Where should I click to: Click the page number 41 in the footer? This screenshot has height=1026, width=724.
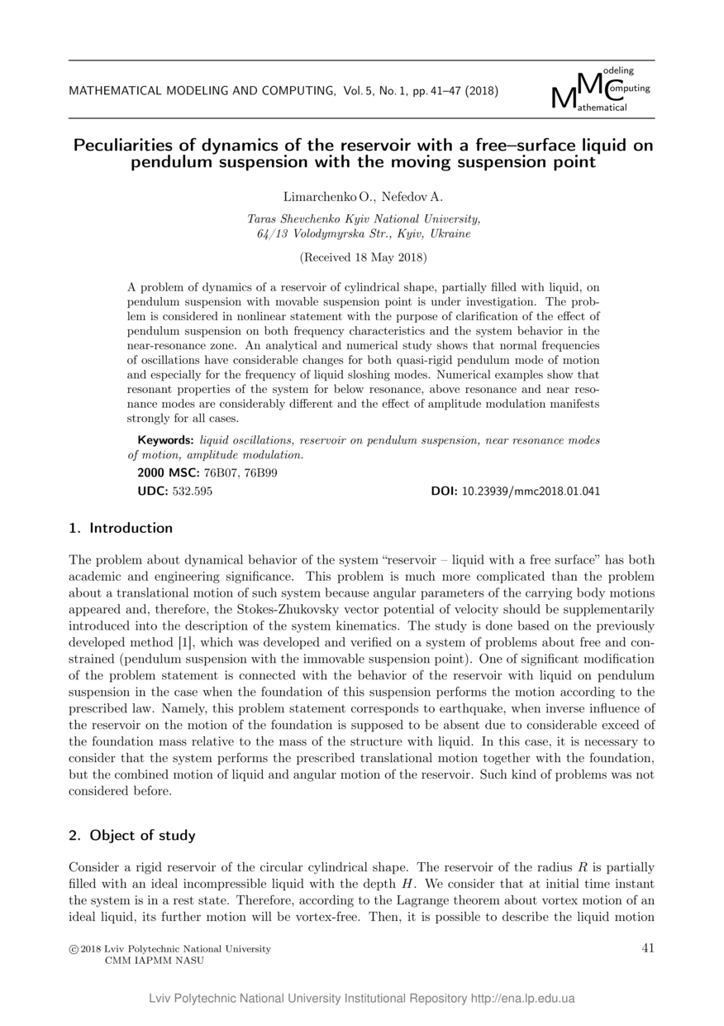(x=648, y=948)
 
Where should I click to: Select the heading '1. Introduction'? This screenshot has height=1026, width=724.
(x=121, y=528)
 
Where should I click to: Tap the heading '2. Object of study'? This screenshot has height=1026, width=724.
(x=132, y=835)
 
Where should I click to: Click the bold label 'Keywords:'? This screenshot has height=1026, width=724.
(x=165, y=440)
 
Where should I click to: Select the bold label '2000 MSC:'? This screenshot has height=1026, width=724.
(x=163, y=473)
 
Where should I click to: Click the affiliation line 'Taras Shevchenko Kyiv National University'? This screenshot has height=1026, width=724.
(x=363, y=218)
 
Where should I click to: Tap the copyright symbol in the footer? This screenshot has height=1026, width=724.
(x=73, y=949)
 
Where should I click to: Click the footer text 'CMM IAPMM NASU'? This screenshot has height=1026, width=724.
(x=154, y=961)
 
